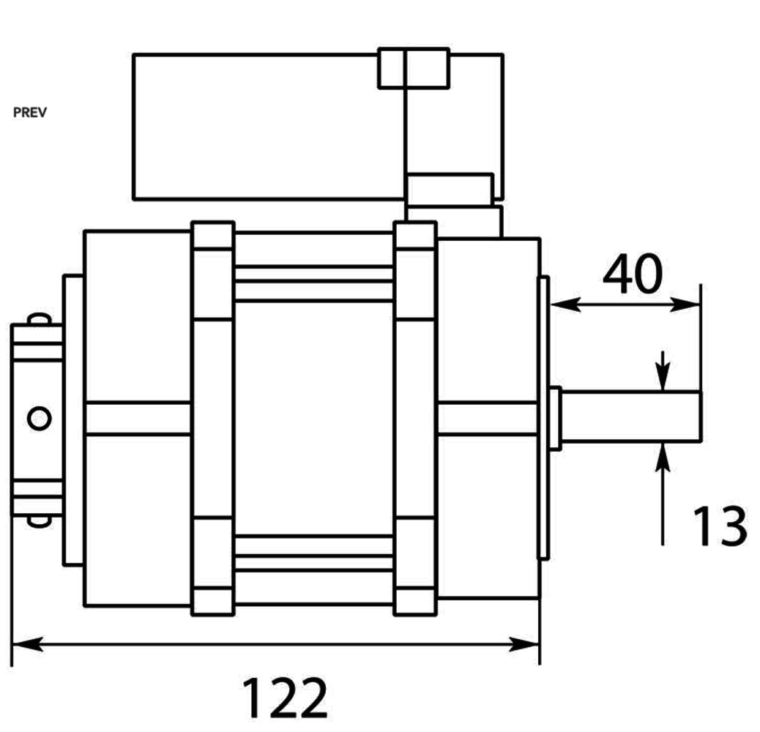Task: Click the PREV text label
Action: click(29, 113)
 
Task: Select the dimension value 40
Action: click(632, 274)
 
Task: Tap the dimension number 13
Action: click(720, 526)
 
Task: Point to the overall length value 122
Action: click(284, 698)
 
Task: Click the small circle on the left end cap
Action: click(39, 418)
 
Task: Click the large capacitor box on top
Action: click(267, 126)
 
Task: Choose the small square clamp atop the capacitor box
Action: click(414, 68)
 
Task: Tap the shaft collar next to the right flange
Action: click(554, 418)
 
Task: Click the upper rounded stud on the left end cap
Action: click(39, 319)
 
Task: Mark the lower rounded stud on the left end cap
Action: click(39, 520)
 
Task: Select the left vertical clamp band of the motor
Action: click(212, 418)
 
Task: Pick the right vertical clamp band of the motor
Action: click(415, 418)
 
